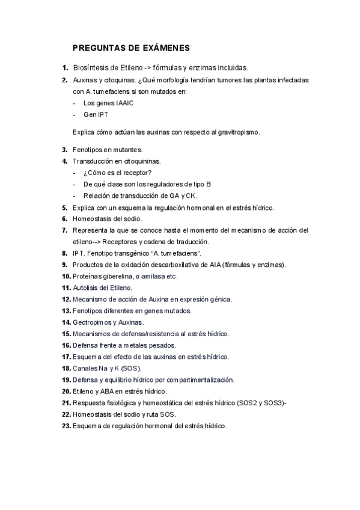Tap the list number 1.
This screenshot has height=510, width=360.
click(x=65, y=69)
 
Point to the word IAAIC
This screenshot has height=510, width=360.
click(x=121, y=103)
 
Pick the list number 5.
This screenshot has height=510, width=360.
click(x=65, y=207)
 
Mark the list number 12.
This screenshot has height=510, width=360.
click(x=66, y=299)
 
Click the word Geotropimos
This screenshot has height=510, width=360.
click(x=91, y=322)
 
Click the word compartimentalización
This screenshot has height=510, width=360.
click(x=196, y=379)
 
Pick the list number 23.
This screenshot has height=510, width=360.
click(x=66, y=426)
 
